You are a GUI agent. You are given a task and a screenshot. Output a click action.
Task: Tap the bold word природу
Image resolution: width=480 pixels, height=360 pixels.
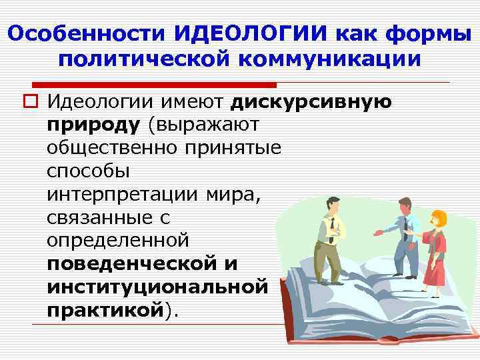pyautogui.click(x=93, y=124)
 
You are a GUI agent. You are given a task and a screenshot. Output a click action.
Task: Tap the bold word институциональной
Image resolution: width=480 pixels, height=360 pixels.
pyautogui.click(x=157, y=286)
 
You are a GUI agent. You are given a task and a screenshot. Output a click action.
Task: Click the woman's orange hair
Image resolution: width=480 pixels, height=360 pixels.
pyautogui.click(x=439, y=217)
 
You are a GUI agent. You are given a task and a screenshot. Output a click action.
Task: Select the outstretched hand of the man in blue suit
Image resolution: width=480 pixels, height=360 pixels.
pyautogui.click(x=377, y=233)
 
